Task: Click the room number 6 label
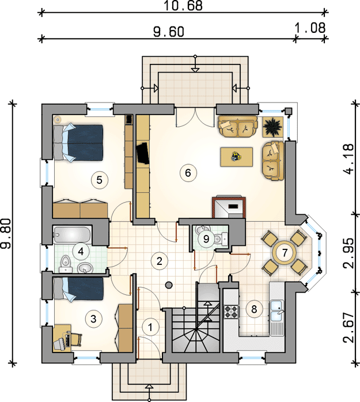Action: pos(188,173)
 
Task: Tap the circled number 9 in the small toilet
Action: pos(206,239)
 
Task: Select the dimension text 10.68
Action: pos(183,6)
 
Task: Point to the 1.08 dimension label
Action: pos(310,28)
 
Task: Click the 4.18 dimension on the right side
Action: pos(349,159)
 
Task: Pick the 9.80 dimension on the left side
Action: pos(5,234)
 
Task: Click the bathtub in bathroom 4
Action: pos(72,234)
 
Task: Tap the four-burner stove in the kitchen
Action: pos(231,312)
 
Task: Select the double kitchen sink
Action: pos(277,310)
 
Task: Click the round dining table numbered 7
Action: pos(285,253)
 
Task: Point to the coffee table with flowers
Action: pos(236,157)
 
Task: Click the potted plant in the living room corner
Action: pos(272,127)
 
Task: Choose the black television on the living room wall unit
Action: pos(143,153)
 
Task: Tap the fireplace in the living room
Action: pos(229,207)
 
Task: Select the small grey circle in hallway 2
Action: pos(169,285)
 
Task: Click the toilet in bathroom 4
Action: pos(66,264)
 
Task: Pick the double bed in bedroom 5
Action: pos(78,143)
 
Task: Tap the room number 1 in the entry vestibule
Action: pos(150,327)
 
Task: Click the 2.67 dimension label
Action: pos(349,327)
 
